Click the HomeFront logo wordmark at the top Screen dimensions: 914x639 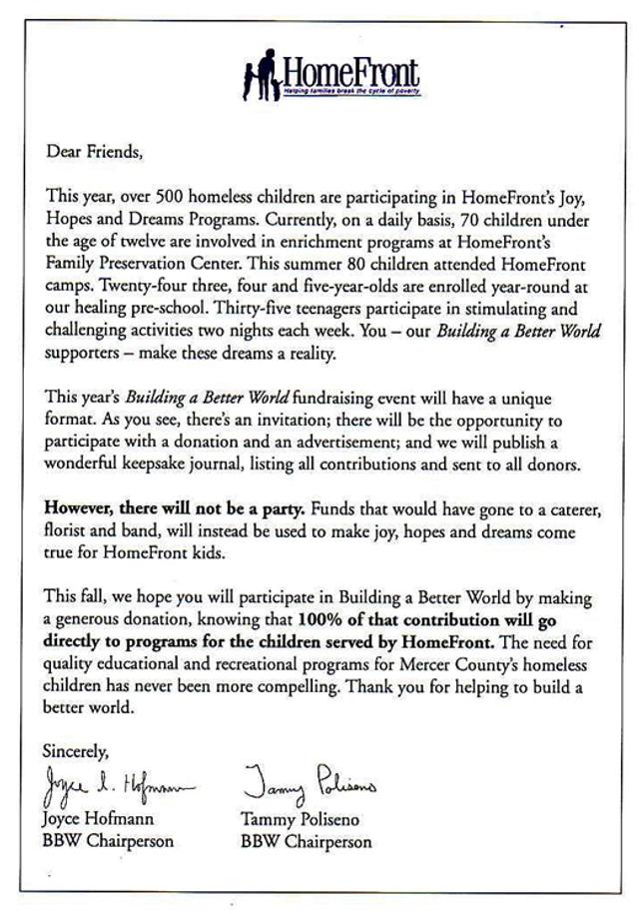point(350,72)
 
